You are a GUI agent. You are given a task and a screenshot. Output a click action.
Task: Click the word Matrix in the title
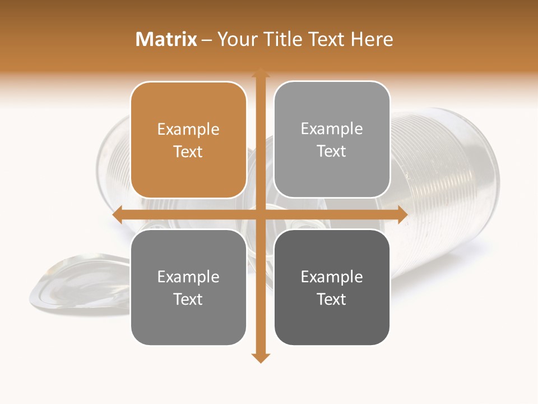pos(166,39)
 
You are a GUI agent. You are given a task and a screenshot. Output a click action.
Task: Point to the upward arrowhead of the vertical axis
pos(260,72)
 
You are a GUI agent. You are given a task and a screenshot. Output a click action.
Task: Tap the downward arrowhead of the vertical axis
pos(260,357)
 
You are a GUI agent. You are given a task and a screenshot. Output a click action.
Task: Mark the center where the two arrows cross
pos(260,214)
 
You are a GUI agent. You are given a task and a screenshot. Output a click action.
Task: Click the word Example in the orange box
pos(188,130)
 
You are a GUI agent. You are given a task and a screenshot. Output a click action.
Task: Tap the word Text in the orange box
pos(188,151)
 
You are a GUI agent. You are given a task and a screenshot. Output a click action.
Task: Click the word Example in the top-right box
pos(332,129)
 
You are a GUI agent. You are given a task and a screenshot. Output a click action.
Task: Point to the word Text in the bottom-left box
pos(188,299)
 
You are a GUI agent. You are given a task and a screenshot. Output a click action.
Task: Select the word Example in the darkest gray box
pos(332,277)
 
